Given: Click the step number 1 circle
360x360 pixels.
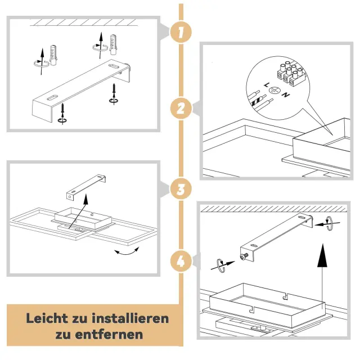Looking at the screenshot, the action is [x=181, y=32].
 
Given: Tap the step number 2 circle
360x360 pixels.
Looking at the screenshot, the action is [x=181, y=109].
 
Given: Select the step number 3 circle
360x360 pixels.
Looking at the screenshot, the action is [x=181, y=189].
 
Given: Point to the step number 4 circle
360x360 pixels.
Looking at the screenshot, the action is [x=181, y=261].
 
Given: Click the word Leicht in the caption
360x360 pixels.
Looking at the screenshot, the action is [x=47, y=318].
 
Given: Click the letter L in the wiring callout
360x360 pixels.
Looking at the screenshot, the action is [x=266, y=85].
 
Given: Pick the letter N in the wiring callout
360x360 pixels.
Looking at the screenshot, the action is [x=286, y=94].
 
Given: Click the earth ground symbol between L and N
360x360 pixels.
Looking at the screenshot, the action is [x=275, y=90].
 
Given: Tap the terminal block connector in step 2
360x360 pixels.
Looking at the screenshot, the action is [x=291, y=74].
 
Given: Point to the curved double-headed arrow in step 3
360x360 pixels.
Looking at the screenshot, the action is [x=127, y=252].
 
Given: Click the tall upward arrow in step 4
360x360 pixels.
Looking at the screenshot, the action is [x=322, y=273].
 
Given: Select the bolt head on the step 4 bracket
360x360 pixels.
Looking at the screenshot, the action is [x=244, y=257].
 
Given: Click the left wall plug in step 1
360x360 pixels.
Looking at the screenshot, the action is [x=53, y=55].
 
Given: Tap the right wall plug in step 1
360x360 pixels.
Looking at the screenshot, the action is [x=114, y=44].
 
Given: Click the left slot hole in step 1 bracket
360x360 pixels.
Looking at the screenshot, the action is [x=54, y=97].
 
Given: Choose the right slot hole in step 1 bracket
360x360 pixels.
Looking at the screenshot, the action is [x=114, y=66].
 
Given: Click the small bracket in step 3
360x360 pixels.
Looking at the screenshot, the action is [x=86, y=187].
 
